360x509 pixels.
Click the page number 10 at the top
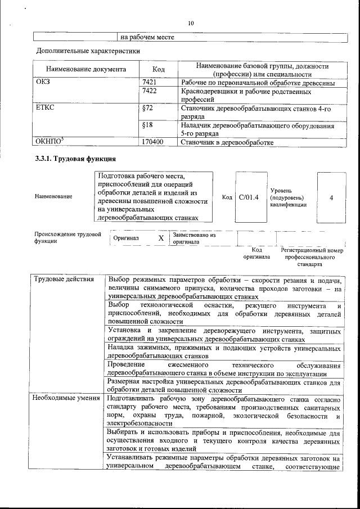(191, 23)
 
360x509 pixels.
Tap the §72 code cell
(148, 108)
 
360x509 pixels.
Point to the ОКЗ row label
(43, 83)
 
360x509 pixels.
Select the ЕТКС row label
(45, 108)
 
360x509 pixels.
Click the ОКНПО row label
(48, 142)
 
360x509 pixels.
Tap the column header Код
(159, 70)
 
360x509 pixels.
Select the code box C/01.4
(248, 197)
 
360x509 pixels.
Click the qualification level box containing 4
(331, 197)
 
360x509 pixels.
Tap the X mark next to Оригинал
(161, 238)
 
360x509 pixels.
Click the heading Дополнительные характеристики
(88, 51)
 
